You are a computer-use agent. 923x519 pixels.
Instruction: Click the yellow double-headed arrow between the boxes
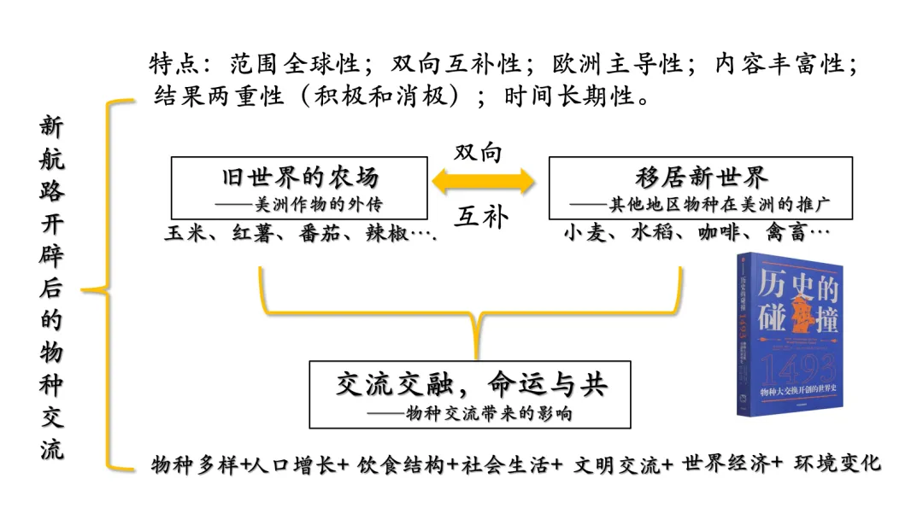point(483,181)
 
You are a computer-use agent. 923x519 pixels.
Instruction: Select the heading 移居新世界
point(701,178)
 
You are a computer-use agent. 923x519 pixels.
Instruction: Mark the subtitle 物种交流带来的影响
point(487,413)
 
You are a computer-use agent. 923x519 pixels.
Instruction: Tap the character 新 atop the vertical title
point(51,126)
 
